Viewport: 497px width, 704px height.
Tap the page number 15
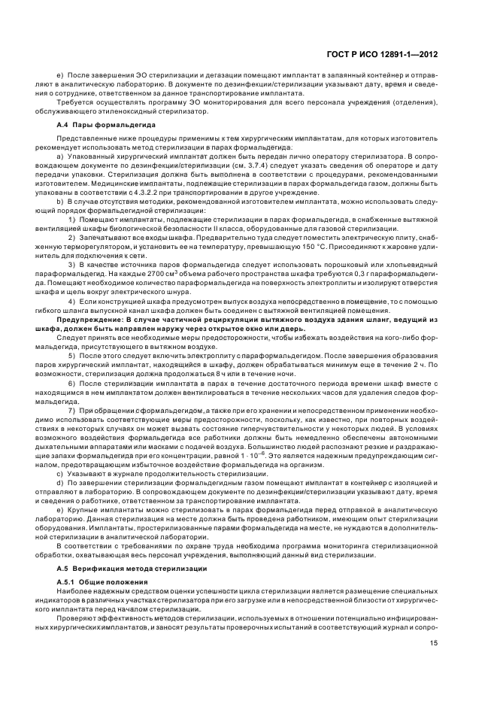[x=434, y=643]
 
